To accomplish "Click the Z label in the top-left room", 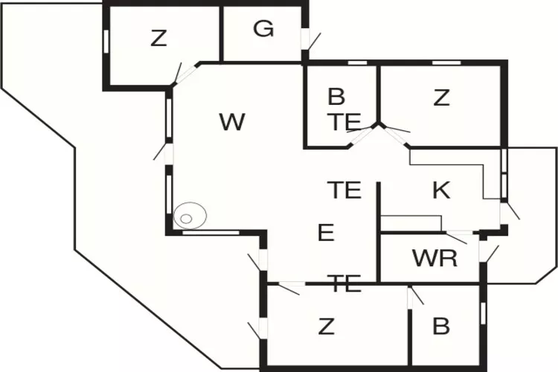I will (158, 38).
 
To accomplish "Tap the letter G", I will (263, 29).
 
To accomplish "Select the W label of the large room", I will (232, 122).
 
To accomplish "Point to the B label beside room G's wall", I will (336, 97).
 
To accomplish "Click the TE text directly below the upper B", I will (344, 122).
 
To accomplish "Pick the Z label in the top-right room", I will (442, 97).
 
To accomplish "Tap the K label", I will (441, 190).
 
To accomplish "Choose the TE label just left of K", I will (344, 190).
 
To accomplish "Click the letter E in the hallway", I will (325, 234).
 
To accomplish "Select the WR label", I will (434, 258).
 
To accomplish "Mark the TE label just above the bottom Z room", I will (344, 283).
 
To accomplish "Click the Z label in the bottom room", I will (325, 326).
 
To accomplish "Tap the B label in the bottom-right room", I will (441, 326).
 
